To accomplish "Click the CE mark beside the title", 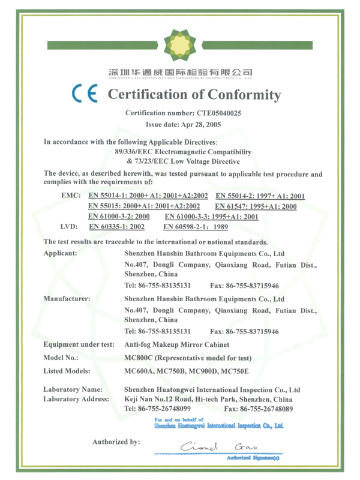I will point(86,94).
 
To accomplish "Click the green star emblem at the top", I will point(180,43).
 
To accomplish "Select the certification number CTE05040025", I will point(220,112).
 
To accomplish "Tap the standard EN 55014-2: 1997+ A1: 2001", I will point(260,196).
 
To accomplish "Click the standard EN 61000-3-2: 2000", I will point(119,217).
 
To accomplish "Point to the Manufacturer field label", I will point(67,298).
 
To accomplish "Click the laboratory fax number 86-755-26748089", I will point(267,409).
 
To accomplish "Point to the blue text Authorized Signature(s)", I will point(253,458).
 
